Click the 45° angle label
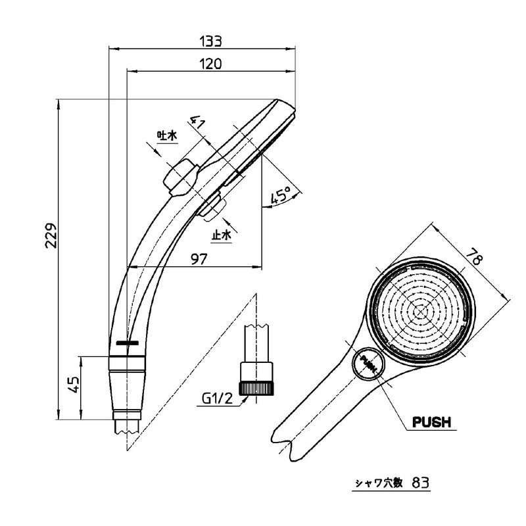(x=283, y=196)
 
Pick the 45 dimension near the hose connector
(x=74, y=383)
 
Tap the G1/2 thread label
(x=218, y=397)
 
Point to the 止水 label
(x=221, y=235)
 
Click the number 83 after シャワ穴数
(x=421, y=482)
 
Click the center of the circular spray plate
(x=420, y=311)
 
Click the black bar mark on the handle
(x=126, y=343)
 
